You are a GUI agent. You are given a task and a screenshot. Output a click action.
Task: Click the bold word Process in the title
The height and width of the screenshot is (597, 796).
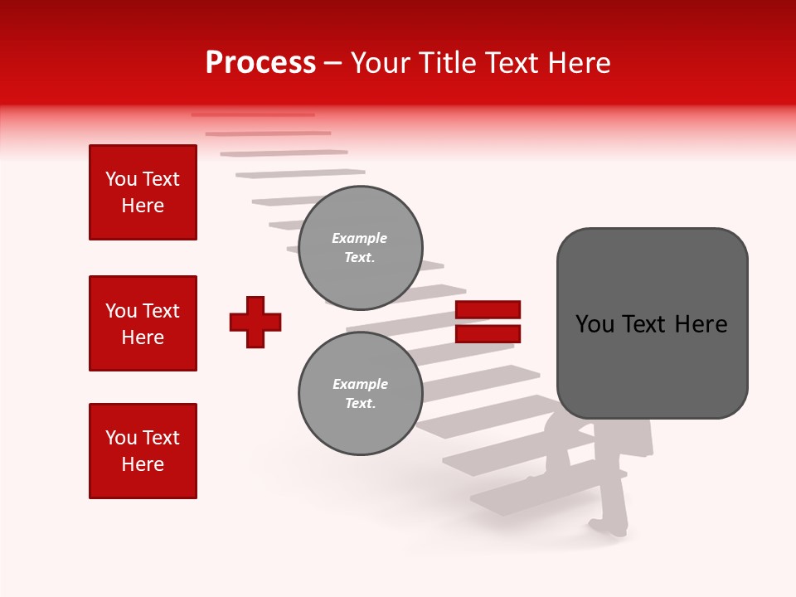[x=260, y=63]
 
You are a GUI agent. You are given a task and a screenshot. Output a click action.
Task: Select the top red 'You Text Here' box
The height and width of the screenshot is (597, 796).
[x=143, y=192]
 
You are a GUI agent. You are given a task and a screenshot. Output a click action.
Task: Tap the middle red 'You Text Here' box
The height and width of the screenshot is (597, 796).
[x=143, y=323]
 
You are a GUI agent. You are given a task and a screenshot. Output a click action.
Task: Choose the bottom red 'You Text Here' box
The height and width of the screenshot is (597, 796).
[x=143, y=451]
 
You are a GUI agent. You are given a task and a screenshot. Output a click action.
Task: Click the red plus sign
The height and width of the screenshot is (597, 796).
[x=255, y=322]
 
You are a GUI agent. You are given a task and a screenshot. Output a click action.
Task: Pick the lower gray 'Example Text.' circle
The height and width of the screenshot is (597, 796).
[x=360, y=393]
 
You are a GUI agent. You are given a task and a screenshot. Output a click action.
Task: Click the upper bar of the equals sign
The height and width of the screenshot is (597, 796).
[x=488, y=310]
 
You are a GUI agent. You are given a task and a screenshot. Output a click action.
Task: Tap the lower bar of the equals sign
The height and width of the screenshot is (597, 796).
[x=488, y=334]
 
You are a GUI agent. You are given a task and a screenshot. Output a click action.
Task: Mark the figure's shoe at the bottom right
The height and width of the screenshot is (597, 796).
[x=600, y=526]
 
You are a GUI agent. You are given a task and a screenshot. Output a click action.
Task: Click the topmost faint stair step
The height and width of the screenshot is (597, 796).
[x=253, y=114]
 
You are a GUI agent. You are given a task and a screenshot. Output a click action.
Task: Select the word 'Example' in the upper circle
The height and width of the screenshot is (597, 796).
[x=360, y=238]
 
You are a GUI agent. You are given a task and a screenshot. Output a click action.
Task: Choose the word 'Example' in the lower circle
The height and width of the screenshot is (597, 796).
[x=360, y=384]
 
